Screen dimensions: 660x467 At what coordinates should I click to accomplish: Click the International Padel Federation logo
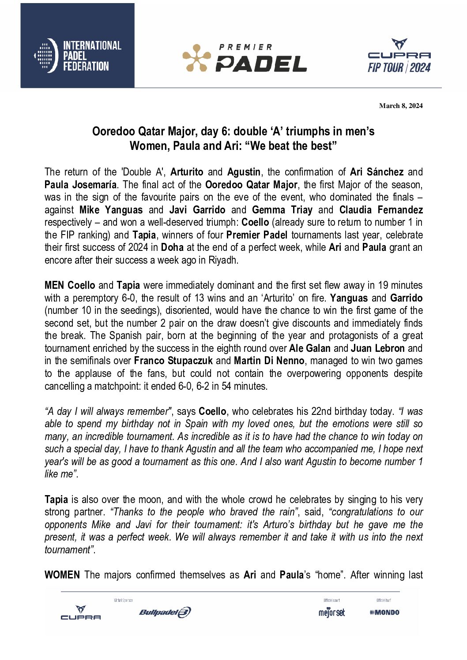pyautogui.click(x=78, y=56)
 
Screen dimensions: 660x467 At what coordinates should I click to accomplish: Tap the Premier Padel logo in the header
pyautogui.click(x=245, y=58)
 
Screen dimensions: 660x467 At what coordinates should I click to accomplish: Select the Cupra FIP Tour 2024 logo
pyautogui.click(x=399, y=56)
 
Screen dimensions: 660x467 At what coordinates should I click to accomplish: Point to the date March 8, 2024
pyautogui.click(x=401, y=106)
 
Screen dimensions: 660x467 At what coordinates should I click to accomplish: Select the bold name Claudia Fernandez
pyautogui.click(x=381, y=210)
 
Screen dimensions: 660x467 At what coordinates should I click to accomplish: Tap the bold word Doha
pyautogui.click(x=172, y=247)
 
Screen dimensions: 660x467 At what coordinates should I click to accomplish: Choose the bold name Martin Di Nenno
pyautogui.click(x=269, y=361)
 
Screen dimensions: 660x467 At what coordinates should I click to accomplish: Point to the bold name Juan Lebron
pyautogui.click(x=378, y=348)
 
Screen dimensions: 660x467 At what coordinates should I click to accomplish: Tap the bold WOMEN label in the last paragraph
pyautogui.click(x=62, y=575)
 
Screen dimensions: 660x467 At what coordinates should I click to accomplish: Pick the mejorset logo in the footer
pyautogui.click(x=331, y=612)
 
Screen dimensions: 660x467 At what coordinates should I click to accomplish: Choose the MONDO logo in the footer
pyautogui.click(x=385, y=612)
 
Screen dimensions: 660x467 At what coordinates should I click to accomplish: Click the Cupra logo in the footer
pyautogui.click(x=81, y=613)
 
